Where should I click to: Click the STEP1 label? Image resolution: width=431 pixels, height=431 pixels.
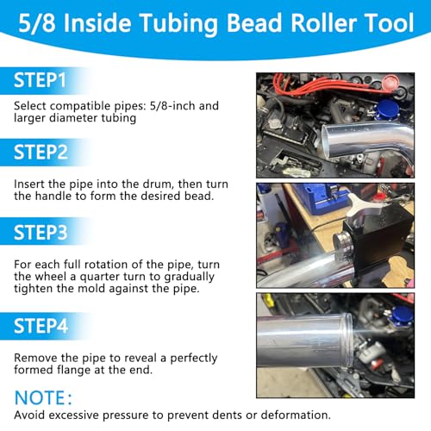click(40, 80)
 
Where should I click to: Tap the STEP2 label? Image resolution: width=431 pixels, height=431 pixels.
click(41, 152)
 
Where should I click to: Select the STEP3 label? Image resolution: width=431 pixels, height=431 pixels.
click(41, 232)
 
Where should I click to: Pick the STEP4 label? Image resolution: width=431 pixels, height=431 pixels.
click(41, 326)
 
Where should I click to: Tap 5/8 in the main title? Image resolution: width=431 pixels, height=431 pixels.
click(37, 22)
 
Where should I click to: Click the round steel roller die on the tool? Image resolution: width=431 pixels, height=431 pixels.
click(342, 247)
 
